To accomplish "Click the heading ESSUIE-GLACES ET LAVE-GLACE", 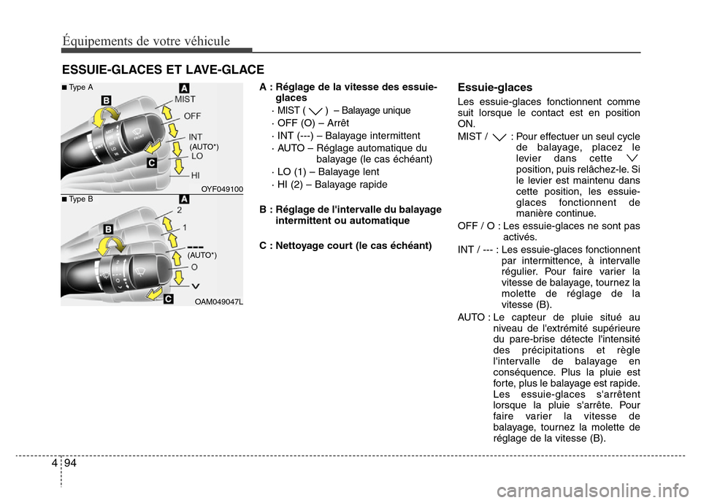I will [x=162, y=69].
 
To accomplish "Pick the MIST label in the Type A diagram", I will [x=185, y=99].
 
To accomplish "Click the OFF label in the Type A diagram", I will [x=193, y=116].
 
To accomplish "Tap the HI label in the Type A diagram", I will [x=196, y=175].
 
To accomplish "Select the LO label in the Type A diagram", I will [x=197, y=156].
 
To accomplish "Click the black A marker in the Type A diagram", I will [x=183, y=88].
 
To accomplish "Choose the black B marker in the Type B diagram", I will [x=107, y=230].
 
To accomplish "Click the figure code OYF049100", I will [x=222, y=189].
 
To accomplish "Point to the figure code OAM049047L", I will [x=220, y=302].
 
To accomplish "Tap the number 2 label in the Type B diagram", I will [x=178, y=210].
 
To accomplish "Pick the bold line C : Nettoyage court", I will [x=345, y=245].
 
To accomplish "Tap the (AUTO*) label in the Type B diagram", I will [x=202, y=256].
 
